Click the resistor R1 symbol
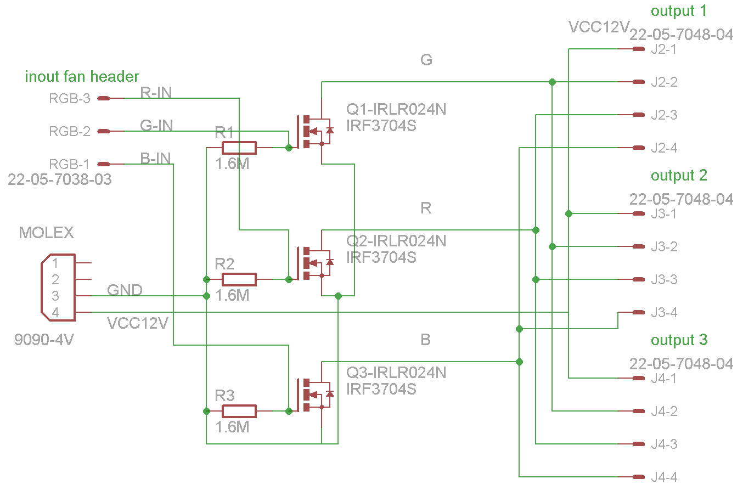(x=239, y=148)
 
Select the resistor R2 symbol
(x=239, y=279)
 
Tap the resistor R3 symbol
(x=239, y=411)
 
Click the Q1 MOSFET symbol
(x=314, y=131)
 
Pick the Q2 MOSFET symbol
(x=314, y=262)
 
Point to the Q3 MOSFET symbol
(x=314, y=394)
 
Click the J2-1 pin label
(x=663, y=50)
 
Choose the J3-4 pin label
(x=663, y=313)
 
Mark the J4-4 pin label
(x=663, y=478)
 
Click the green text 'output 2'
(x=679, y=176)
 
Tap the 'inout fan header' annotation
(x=82, y=76)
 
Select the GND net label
(x=125, y=290)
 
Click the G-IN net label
(x=156, y=126)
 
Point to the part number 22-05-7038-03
(x=60, y=179)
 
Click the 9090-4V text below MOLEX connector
(x=44, y=340)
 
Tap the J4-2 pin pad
(x=638, y=411)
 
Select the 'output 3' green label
(x=679, y=340)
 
